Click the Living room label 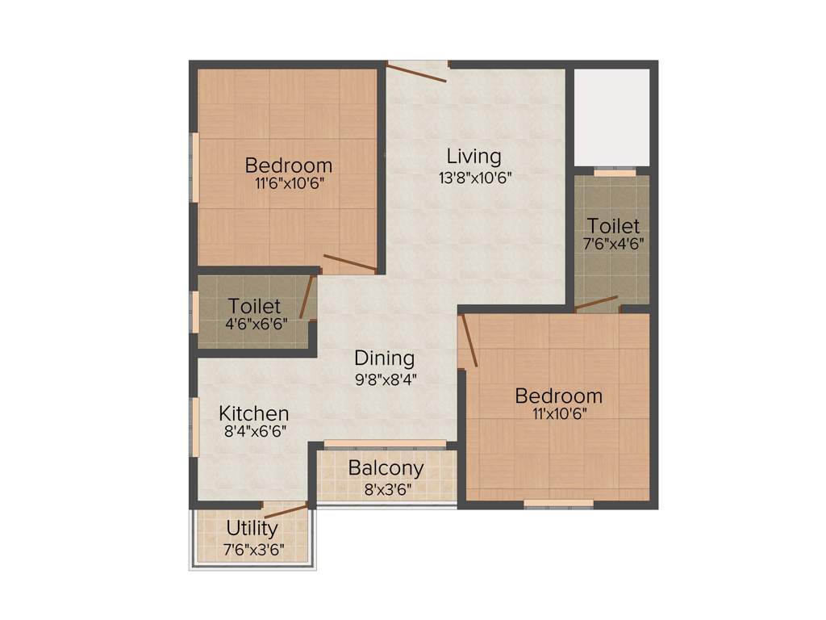click(474, 155)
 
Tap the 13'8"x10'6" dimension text click(474, 177)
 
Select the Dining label click(385, 358)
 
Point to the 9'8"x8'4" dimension click(385, 377)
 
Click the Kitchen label click(254, 413)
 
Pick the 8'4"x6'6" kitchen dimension click(255, 431)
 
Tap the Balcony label click(386, 468)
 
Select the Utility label click(252, 529)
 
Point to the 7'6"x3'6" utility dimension click(252, 549)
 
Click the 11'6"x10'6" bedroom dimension click(289, 182)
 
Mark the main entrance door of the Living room click(417, 73)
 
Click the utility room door click(286, 511)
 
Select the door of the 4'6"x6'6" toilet click(307, 297)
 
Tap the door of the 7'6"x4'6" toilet click(596, 304)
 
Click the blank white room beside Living click(611, 118)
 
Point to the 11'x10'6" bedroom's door click(469, 341)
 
